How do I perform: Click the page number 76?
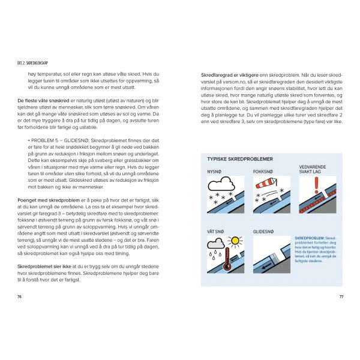coord(20,296)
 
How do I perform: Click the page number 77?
coord(341,296)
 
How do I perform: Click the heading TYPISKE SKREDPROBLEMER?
coord(240,160)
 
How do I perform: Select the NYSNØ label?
coord(214,171)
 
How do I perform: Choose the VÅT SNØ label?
coord(215,230)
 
